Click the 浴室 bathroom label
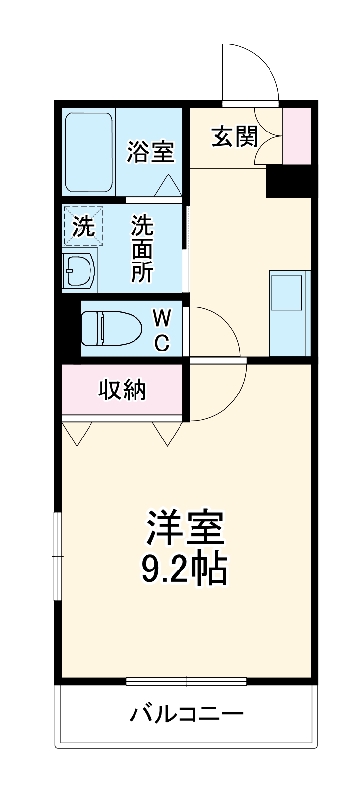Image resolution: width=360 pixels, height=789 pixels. point(150,151)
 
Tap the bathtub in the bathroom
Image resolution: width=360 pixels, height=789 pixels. point(89,152)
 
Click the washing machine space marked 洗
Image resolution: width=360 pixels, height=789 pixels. point(83,226)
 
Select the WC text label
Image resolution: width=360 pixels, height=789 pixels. point(162,330)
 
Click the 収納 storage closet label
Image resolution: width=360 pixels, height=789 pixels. point(122,390)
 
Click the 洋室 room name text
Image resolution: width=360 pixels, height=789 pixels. point(184,528)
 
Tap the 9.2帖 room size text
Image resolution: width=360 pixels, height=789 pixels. point(184,570)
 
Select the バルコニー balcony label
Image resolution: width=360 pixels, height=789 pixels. point(186,714)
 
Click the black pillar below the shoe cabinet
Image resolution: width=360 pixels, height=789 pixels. point(288,181)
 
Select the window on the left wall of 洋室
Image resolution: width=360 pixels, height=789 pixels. point(58,556)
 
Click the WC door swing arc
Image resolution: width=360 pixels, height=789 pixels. point(215,331)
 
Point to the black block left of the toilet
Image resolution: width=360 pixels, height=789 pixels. point(70,327)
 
